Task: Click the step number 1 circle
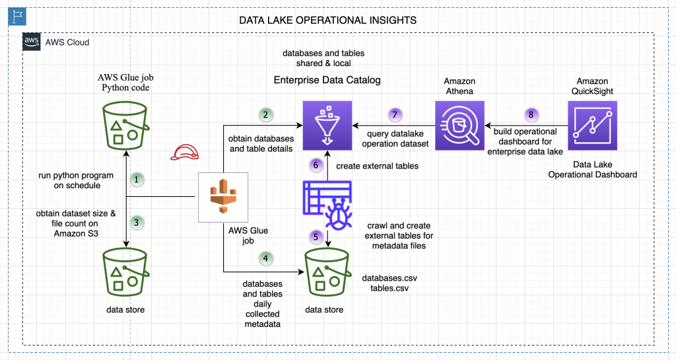[137, 180]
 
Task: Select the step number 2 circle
[265, 115]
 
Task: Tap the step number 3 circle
[137, 223]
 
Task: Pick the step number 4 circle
[265, 258]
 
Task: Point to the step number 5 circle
[316, 236]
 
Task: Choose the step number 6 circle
[316, 165]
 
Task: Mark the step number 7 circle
[395, 115]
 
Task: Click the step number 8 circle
[531, 115]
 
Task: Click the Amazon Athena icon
[459, 126]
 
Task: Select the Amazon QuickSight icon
[592, 126]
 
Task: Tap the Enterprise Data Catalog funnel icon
[327, 126]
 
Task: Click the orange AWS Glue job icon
[223, 197]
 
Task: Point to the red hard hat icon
[185, 152]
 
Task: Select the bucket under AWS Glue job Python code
[125, 126]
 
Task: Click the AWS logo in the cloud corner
[32, 42]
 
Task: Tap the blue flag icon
[17, 17]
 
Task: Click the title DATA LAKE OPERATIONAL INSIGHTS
[327, 20]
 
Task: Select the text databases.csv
[389, 278]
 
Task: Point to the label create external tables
[377, 166]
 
